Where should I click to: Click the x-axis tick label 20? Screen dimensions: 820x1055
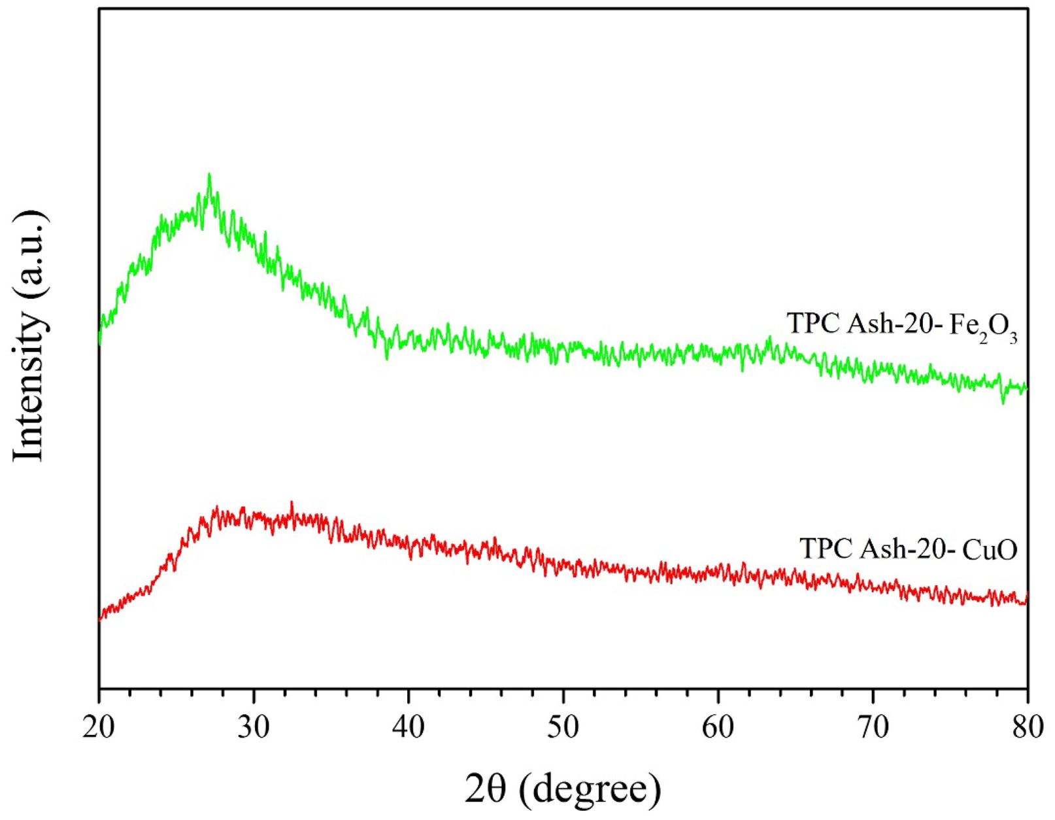[99, 728]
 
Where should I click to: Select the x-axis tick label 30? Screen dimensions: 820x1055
[254, 728]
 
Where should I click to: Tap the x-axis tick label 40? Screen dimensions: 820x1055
[409, 728]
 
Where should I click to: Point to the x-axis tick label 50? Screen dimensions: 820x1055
[563, 728]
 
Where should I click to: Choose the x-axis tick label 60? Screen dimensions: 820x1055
[718, 728]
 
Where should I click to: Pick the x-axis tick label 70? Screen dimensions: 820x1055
[873, 728]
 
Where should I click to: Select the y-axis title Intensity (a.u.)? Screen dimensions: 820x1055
[29, 336]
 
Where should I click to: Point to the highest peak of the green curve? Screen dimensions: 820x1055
[209, 175]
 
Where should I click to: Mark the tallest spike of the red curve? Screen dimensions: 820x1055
[292, 503]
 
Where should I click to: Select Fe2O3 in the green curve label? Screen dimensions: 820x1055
[983, 327]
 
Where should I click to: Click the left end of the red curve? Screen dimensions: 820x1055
[100, 617]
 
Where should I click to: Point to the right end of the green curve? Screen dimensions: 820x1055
[1027, 388]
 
